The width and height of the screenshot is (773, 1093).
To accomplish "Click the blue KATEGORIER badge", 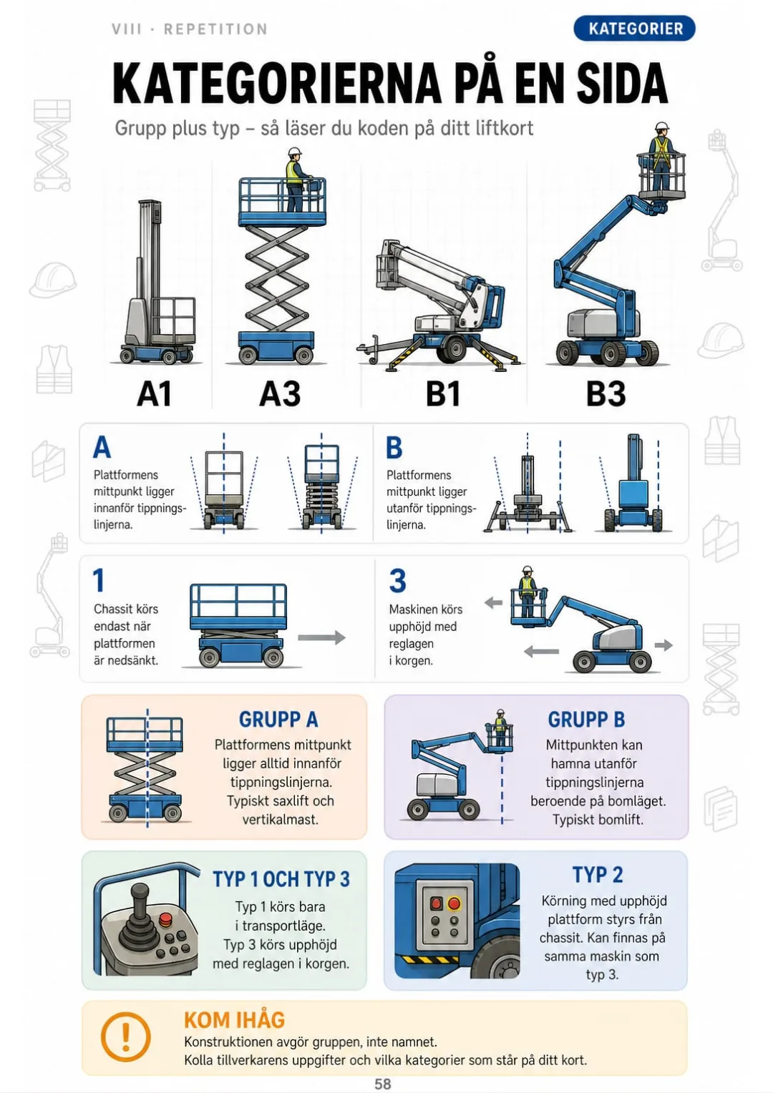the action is pos(634,29).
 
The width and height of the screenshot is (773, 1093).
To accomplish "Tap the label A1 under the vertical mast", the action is pos(155,393).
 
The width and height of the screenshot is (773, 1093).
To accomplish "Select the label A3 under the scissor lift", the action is pos(280,393).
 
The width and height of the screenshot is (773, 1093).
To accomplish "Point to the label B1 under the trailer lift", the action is pos(443,393).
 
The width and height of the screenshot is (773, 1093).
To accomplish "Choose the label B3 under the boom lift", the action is pos(606,393).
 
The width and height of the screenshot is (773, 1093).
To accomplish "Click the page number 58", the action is pos(383,1084).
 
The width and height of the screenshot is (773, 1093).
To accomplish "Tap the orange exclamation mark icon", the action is pos(125,1037).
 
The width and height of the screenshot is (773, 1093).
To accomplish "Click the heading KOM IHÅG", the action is pos(234,1020).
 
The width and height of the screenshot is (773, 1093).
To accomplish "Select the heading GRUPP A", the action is pos(278,719).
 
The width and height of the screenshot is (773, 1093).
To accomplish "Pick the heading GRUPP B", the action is pos(586,719).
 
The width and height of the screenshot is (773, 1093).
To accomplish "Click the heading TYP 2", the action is pos(598,875).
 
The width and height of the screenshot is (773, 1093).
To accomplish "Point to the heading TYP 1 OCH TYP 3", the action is pos(281,879).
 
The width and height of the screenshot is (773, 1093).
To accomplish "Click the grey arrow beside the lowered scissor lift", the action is pos(321,637).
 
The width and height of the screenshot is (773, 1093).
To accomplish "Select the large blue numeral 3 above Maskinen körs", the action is pos(397,580).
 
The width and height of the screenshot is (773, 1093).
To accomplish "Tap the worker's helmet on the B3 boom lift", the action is pos(661,127).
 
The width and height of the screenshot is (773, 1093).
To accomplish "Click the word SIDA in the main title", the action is pos(622,83).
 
